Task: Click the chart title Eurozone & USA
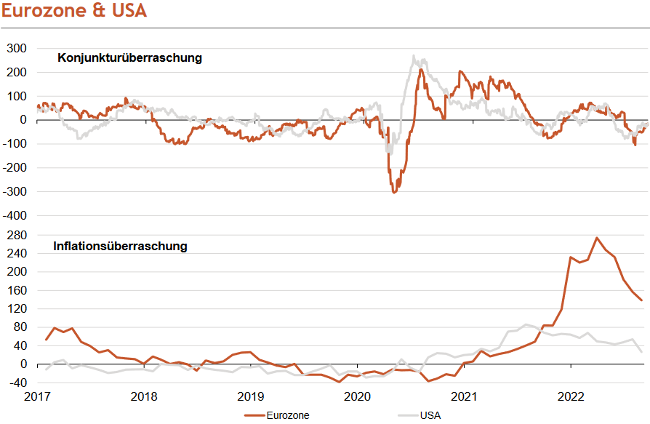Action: pyautogui.click(x=74, y=12)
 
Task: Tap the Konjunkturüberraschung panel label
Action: pyautogui.click(x=129, y=58)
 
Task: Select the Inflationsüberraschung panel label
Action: pyautogui.click(x=120, y=247)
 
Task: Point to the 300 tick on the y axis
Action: pyautogui.click(x=17, y=49)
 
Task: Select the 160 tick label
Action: pyautogui.click(x=17, y=290)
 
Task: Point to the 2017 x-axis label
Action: pyautogui.click(x=37, y=397)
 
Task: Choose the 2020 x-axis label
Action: pyautogui.click(x=357, y=397)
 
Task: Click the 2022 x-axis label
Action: pyautogui.click(x=571, y=397)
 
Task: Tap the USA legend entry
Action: pyautogui.click(x=430, y=415)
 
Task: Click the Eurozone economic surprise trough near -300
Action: pyautogui.click(x=394, y=192)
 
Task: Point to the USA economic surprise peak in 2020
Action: pyautogui.click(x=414, y=56)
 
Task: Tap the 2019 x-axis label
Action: pyautogui.click(x=251, y=397)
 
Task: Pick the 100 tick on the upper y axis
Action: pyautogui.click(x=17, y=96)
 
